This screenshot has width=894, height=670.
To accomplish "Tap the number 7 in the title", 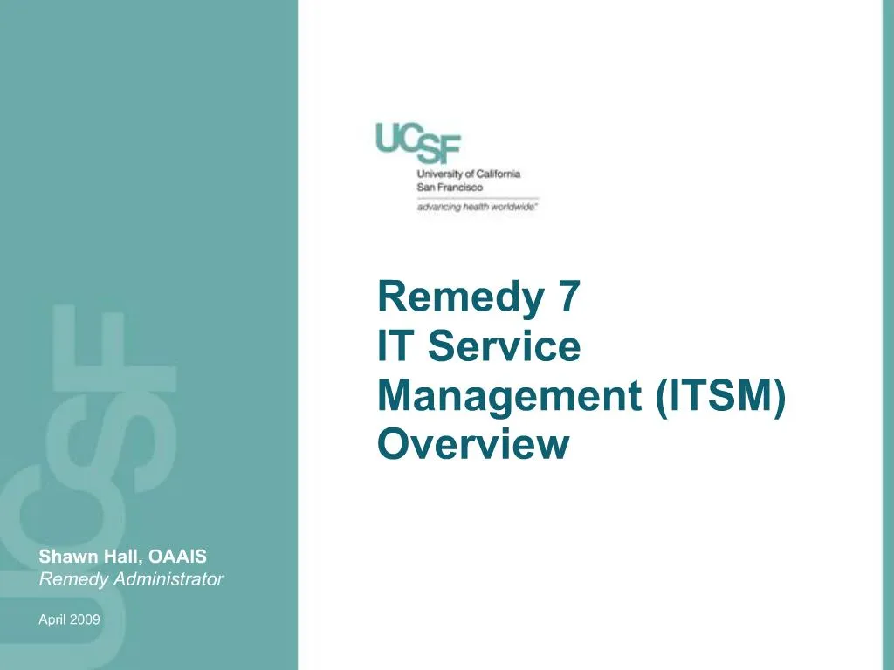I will (x=566, y=297).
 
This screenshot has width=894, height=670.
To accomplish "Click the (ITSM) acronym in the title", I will (x=719, y=397).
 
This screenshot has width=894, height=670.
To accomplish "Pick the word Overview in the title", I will (x=472, y=445).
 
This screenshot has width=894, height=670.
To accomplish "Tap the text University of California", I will (x=468, y=174).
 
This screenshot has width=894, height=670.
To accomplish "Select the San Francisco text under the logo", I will (x=450, y=187).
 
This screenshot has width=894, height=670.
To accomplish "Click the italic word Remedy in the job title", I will (x=69, y=578).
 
